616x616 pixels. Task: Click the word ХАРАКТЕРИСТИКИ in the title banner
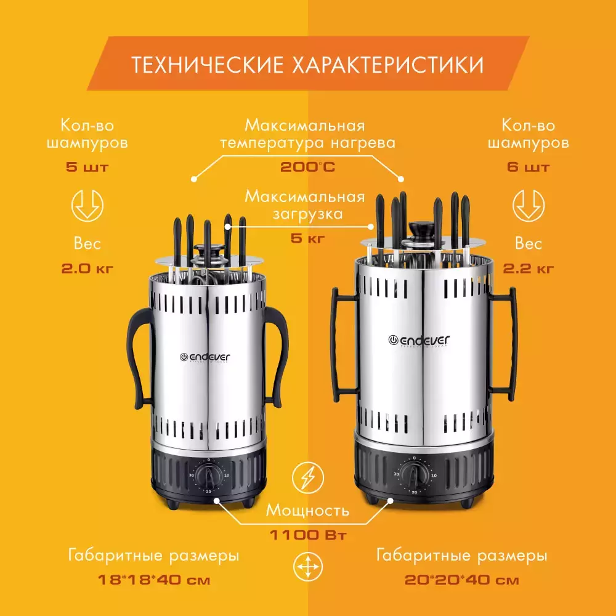387,65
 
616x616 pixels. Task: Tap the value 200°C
307,167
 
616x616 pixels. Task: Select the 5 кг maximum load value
307,238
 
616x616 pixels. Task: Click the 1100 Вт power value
308,535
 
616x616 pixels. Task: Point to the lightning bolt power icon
308,478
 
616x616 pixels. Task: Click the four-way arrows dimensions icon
308,567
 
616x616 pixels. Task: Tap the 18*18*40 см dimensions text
154,580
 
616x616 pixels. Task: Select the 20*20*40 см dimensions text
461,580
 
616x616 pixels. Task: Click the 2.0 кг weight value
87,269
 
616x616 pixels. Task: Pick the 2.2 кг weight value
529,269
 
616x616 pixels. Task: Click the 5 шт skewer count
87,167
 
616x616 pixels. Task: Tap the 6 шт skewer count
529,167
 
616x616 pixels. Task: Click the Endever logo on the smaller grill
205,357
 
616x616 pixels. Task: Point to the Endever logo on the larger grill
419,340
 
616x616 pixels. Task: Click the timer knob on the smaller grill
209,476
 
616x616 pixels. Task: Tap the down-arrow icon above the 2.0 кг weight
87,206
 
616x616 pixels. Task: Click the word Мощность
307,511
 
